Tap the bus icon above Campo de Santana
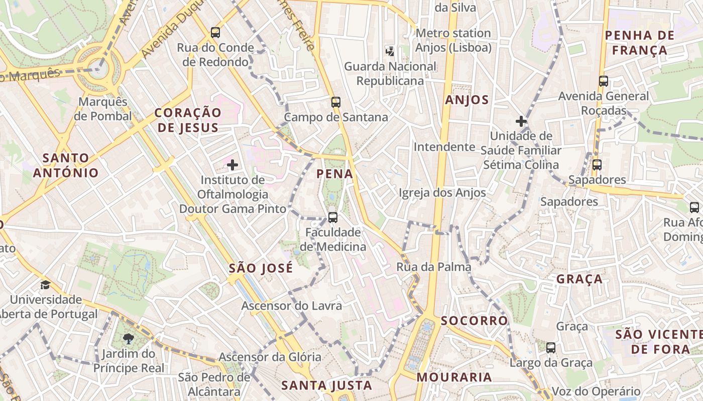click(x=336, y=102)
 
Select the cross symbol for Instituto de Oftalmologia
click(x=232, y=164)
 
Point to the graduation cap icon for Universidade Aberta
click(x=46, y=285)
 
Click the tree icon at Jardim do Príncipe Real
click(x=129, y=339)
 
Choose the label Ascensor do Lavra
click(x=292, y=306)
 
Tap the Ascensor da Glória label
click(x=270, y=357)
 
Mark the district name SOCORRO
click(x=475, y=321)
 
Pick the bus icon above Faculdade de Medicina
click(x=332, y=218)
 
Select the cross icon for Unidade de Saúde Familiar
click(x=521, y=121)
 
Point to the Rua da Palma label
click(x=434, y=267)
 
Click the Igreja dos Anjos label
click(x=442, y=192)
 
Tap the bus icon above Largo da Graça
click(x=551, y=347)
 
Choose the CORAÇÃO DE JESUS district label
click(x=188, y=120)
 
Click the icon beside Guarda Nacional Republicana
click(x=390, y=51)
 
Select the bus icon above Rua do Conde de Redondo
click(x=215, y=33)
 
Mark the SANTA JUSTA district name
click(x=326, y=385)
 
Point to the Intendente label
click(x=444, y=147)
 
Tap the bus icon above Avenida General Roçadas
click(x=604, y=81)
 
